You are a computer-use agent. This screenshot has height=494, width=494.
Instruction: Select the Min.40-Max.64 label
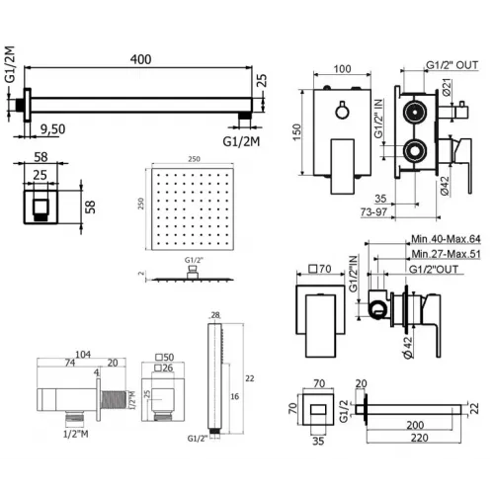pos(448,238)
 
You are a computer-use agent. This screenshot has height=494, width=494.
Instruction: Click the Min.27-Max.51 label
pos(448,254)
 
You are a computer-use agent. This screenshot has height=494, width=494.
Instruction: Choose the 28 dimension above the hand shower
pos(214,317)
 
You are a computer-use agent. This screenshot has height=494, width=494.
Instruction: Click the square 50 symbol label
pos(166,355)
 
